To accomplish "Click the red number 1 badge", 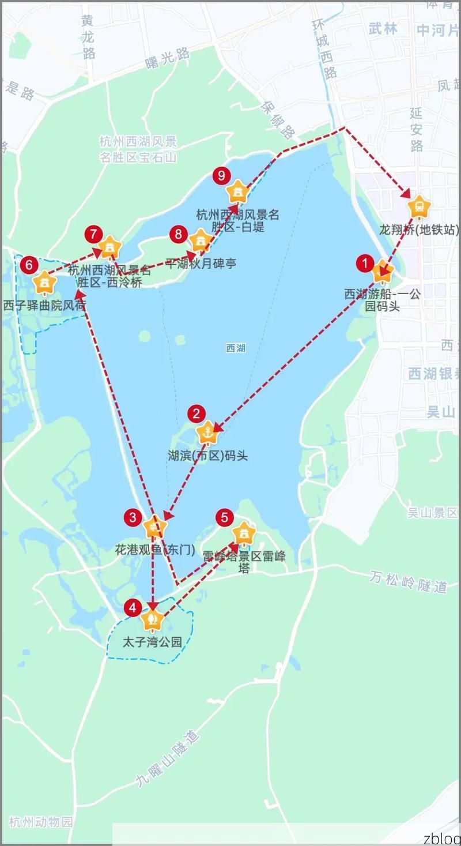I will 365,264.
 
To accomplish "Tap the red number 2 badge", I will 197,413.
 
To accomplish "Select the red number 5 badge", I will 225,517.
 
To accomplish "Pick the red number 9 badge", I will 221,175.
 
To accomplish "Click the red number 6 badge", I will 29,265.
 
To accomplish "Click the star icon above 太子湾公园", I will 153,620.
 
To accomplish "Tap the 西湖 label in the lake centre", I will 236,348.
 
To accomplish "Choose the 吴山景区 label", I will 432,513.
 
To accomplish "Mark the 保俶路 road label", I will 278,120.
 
